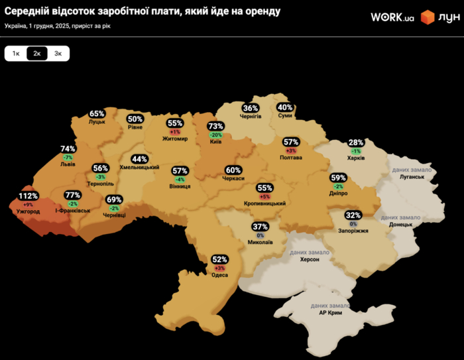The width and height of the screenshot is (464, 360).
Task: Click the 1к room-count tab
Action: coord(16,54)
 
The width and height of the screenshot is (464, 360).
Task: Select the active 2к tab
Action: coord(37,54)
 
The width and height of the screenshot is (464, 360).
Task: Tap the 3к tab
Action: coord(58,54)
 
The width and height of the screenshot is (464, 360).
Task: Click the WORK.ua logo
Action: coord(392,17)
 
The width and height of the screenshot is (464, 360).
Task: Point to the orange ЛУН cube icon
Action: coord(428,17)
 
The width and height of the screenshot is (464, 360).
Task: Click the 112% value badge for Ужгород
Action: coord(28,196)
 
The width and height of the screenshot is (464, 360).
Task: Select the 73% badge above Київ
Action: coord(215,126)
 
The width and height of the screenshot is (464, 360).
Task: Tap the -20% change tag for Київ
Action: coord(215,135)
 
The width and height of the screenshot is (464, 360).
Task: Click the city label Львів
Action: coord(68,164)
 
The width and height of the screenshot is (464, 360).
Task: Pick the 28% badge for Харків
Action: coord(356,143)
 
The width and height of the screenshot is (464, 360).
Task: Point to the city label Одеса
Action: coord(219,274)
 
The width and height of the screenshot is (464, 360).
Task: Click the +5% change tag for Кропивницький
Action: coord(264,196)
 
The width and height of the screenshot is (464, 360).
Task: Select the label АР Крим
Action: coord(330,312)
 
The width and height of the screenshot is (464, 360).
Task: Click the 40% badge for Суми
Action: coord(285,107)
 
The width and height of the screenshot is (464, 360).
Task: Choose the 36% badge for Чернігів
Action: coord(251,107)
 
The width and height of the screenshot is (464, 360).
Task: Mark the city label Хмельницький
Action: coord(139,167)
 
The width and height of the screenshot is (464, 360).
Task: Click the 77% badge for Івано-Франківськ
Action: coord(72,195)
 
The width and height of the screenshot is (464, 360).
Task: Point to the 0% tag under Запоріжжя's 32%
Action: coord(353,223)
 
